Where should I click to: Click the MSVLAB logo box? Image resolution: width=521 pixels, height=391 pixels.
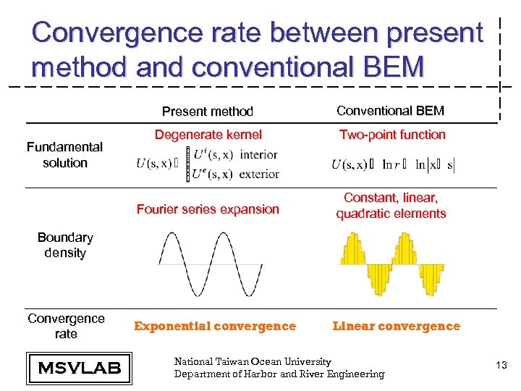pyautogui.click(x=79, y=368)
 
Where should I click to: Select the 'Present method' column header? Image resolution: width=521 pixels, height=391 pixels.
pyautogui.click(x=207, y=112)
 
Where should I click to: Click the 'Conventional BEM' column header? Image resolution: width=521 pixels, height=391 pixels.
pyautogui.click(x=391, y=111)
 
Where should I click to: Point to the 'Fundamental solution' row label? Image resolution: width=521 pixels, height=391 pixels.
pyautogui.click(x=64, y=155)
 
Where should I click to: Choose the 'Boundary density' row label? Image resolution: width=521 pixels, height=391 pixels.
pyautogui.click(x=65, y=245)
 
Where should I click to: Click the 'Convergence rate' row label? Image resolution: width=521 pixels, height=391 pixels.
pyautogui.click(x=66, y=326)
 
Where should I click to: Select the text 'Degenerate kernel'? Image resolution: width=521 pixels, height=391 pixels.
pyautogui.click(x=208, y=135)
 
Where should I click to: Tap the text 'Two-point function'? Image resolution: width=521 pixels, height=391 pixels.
pyautogui.click(x=392, y=135)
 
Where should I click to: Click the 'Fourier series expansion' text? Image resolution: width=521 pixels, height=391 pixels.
pyautogui.click(x=208, y=209)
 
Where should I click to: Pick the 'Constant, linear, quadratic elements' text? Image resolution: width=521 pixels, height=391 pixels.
pyautogui.click(x=391, y=206)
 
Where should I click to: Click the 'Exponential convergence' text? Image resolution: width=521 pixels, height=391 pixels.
pyautogui.click(x=215, y=326)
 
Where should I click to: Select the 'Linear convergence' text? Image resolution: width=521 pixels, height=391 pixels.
pyautogui.click(x=396, y=326)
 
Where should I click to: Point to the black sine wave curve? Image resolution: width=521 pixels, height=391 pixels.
pyautogui.click(x=211, y=264)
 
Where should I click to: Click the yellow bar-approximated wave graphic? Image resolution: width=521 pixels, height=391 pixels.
pyautogui.click(x=391, y=264)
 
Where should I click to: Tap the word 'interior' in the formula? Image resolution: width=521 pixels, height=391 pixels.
pyautogui.click(x=258, y=154)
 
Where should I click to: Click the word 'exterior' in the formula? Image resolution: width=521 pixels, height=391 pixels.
pyautogui.click(x=259, y=174)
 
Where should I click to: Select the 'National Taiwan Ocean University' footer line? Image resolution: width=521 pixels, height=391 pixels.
pyautogui.click(x=253, y=361)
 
